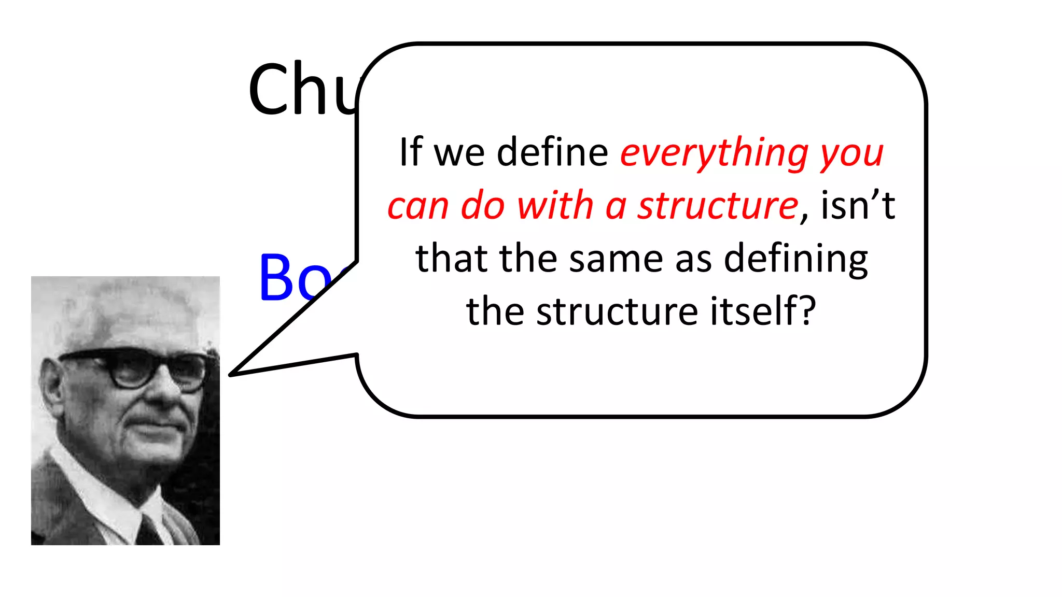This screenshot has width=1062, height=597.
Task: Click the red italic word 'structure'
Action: pyautogui.click(x=718, y=206)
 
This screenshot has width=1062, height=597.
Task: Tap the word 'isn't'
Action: pyautogui.click(x=858, y=205)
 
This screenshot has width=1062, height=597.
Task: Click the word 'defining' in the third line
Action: pyautogui.click(x=795, y=260)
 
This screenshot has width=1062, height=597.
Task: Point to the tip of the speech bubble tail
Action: pyautogui.click(x=232, y=374)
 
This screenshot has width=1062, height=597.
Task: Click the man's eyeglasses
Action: pyautogui.click(x=137, y=368)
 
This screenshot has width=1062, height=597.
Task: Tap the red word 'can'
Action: pyautogui.click(x=417, y=206)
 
